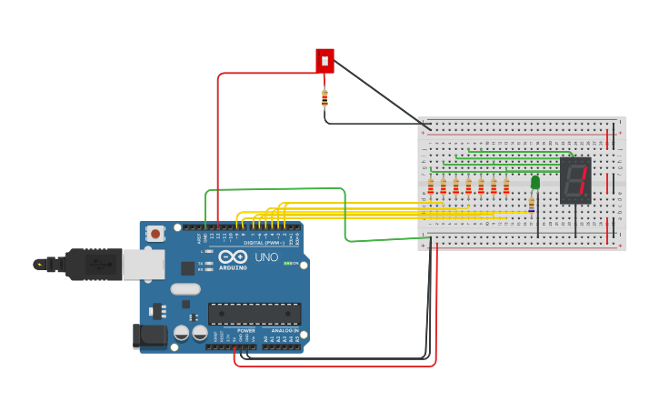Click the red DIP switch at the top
click(x=325, y=61)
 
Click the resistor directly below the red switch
click(x=325, y=98)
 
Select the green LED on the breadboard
click(x=535, y=183)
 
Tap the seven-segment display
click(x=575, y=180)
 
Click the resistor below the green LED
click(x=532, y=206)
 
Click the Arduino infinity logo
click(x=233, y=256)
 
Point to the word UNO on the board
click(x=266, y=257)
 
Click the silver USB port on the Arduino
click(x=144, y=264)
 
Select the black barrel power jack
click(x=150, y=336)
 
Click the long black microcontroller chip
click(x=255, y=314)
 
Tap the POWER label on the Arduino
click(x=245, y=330)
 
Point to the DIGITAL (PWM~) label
click(x=259, y=243)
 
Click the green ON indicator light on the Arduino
click(x=286, y=264)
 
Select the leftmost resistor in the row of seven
click(x=431, y=186)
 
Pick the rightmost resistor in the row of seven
click(x=506, y=186)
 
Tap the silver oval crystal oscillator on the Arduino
click(x=185, y=289)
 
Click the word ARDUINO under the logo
click(x=233, y=267)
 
